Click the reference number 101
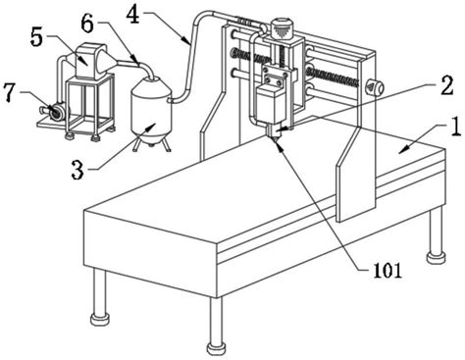[x=387, y=271]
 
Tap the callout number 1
[x=454, y=127]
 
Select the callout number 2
[x=446, y=85]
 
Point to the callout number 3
[x=77, y=170]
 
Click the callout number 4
[x=133, y=15]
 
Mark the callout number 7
[x=10, y=91]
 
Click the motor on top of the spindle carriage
[x=282, y=28]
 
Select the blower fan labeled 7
[x=54, y=111]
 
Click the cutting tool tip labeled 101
[x=273, y=138]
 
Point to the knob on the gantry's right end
[x=375, y=87]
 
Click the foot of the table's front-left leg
[x=99, y=319]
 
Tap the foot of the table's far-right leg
[x=437, y=256]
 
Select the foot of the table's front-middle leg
[x=216, y=348]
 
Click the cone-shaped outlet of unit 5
[x=110, y=61]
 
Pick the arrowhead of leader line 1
[x=404, y=149]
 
